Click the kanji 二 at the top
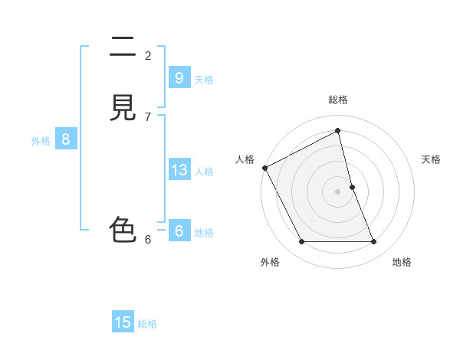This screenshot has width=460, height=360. [x=123, y=48]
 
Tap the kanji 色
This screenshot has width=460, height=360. [x=123, y=229]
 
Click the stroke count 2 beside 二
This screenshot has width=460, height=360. [x=148, y=55]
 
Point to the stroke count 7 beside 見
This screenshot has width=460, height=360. [x=148, y=116]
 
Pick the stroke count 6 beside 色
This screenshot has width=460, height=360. [x=148, y=239]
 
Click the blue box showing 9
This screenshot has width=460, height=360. [x=179, y=77]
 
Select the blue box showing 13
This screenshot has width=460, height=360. [x=179, y=170]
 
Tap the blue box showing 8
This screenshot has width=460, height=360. [x=66, y=139]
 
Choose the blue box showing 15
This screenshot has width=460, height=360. [x=123, y=322]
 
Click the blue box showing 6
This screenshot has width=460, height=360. [x=179, y=231]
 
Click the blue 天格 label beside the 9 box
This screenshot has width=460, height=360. [x=204, y=80]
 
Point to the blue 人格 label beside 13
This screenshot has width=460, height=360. [x=204, y=172]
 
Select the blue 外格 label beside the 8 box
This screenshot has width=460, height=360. [x=41, y=141]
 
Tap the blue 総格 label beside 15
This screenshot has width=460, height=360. [x=147, y=324]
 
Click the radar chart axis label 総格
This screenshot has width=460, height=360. [x=338, y=100]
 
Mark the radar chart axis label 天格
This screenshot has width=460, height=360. [x=432, y=159]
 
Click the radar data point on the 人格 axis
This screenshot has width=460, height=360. [x=264, y=168]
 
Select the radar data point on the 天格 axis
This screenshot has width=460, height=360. [x=352, y=187]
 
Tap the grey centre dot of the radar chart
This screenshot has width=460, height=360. [x=338, y=191]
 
